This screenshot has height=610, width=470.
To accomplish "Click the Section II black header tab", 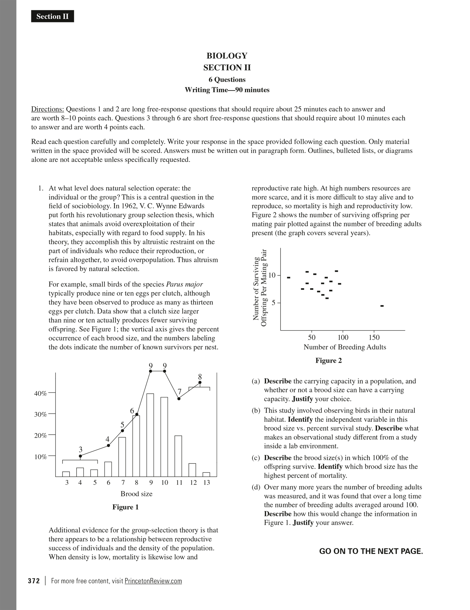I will pyautogui.click(x=52, y=16).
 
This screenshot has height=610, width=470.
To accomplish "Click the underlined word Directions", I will pyautogui.click(x=47, y=109).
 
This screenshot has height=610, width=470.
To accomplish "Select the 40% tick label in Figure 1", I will pyautogui.click(x=40, y=393).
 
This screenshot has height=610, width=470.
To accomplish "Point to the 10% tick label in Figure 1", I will pyautogui.click(x=40, y=457).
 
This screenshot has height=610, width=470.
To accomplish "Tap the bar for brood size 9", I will pyautogui.click(x=150, y=436).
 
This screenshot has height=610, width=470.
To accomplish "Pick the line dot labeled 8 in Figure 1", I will pyautogui.click(x=200, y=382).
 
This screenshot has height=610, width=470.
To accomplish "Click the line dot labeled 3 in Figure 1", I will pyautogui.click(x=80, y=456).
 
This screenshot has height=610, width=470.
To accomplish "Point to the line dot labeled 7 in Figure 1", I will pyautogui.click(x=179, y=399).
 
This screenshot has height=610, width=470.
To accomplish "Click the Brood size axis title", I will pyautogui.click(x=136, y=494).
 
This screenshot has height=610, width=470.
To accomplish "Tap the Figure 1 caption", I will pyautogui.click(x=126, y=507).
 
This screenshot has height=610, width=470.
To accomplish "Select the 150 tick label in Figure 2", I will pyautogui.click(x=374, y=337).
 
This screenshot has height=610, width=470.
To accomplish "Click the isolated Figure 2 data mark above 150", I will pyautogui.click(x=382, y=306).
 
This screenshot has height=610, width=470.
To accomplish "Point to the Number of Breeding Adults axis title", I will pyautogui.click(x=345, y=347).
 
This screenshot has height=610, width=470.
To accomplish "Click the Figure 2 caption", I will pyautogui.click(x=329, y=360).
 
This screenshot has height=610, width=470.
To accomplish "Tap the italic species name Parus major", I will pyautogui.click(x=184, y=284).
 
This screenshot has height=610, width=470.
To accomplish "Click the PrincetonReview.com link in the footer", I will pyautogui.click(x=153, y=581).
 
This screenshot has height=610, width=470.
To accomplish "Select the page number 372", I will pyautogui.click(x=34, y=581).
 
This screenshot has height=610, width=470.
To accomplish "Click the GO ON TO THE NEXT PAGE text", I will pyautogui.click(x=371, y=551).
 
